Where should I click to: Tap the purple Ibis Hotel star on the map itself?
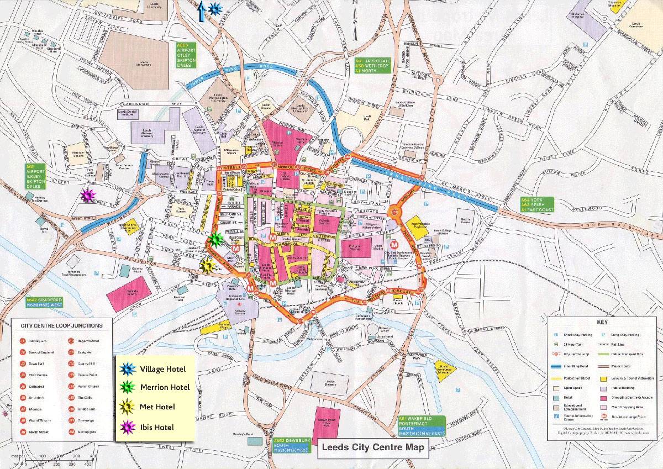point(88,196)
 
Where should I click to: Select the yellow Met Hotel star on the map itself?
point(207,266)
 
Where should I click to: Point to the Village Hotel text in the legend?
point(162,369)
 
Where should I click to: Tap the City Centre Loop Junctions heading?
point(61,326)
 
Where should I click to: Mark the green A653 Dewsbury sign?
point(291,445)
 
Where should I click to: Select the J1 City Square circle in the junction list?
point(23,341)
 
